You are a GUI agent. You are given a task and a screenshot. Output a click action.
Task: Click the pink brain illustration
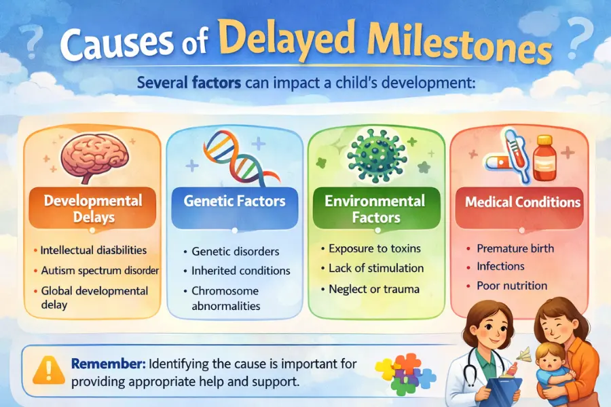(x=92, y=157)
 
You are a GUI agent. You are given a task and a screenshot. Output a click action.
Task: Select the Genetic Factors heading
(x=234, y=201)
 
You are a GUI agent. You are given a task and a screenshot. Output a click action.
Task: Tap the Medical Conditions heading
(x=522, y=202)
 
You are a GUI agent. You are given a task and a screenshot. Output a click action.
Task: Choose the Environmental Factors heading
(x=375, y=208)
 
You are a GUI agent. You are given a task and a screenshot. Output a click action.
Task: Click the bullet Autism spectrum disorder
(x=99, y=270)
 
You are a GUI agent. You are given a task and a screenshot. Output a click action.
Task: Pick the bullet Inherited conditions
(x=242, y=271)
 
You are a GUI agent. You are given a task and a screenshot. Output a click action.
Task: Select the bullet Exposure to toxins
(x=374, y=248)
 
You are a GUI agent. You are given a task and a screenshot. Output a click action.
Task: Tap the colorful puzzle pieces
(x=407, y=372)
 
